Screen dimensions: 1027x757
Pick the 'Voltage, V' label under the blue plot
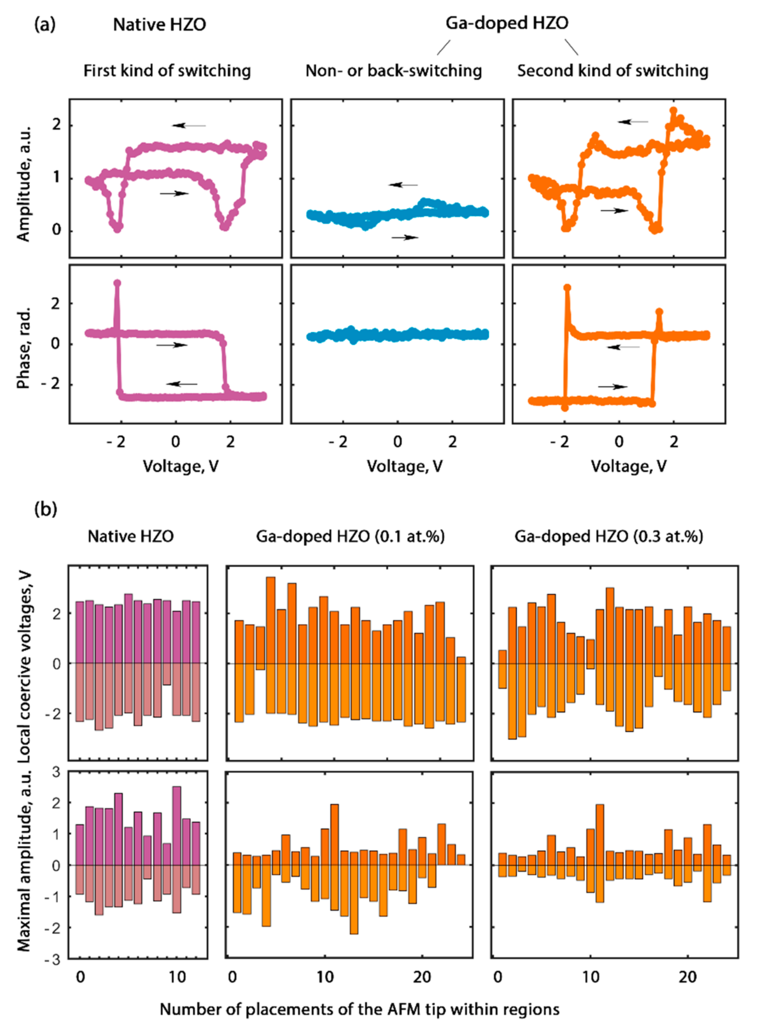[405, 466]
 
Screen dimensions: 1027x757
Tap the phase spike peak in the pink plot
[117, 283]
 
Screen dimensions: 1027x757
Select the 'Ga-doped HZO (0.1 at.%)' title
[350, 536]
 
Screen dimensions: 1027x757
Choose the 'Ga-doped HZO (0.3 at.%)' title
[608, 536]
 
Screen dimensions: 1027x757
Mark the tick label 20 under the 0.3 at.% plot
[687, 977]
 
